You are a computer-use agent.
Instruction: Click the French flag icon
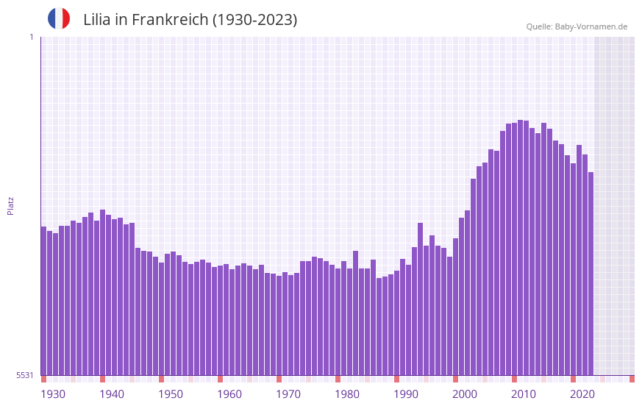[59, 18]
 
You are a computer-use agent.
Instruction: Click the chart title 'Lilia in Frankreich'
[190, 20]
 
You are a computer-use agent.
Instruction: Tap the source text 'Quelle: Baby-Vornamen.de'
[577, 26]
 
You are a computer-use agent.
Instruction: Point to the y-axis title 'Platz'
[10, 205]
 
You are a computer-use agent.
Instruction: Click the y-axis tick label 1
[31, 37]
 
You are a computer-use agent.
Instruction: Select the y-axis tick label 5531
[25, 375]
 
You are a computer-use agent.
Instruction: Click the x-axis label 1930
[53, 394]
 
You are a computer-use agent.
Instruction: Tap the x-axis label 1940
[112, 394]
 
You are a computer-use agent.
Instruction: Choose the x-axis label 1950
[171, 394]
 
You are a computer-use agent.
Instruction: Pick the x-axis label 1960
[229, 394]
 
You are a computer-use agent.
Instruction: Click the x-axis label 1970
[288, 394]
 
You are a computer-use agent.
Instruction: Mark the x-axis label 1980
[347, 394]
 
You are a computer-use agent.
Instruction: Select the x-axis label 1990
[406, 394]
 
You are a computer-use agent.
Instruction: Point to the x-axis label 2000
[465, 394]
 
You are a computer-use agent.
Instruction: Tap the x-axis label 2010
[524, 394]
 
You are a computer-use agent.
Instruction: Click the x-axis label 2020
[582, 394]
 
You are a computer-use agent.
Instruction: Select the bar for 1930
[43, 302]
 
